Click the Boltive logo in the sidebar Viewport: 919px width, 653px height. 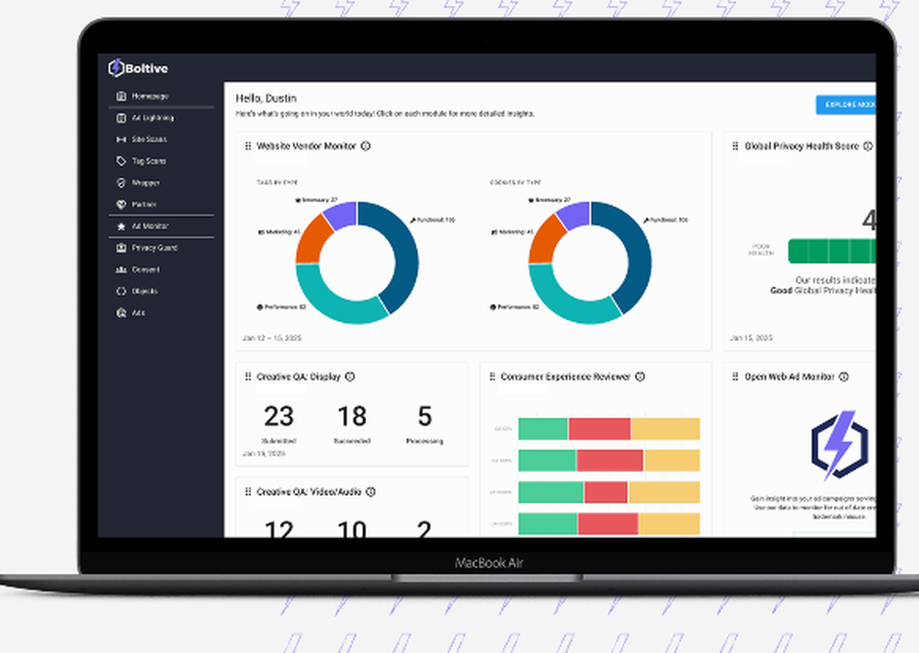coord(138,68)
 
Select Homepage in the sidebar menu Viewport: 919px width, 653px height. coord(149,96)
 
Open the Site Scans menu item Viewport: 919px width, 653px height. coord(149,140)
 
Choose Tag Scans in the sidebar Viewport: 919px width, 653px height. coord(149,161)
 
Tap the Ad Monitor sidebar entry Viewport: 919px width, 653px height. coord(150,226)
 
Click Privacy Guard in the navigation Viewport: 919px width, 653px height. coord(153,248)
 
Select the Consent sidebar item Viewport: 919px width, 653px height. coord(145,269)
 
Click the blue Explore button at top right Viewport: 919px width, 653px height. coord(846,105)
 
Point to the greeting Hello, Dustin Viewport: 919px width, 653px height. coord(266,98)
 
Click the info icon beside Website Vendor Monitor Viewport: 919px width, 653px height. coord(366,146)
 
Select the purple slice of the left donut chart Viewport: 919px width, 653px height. coord(341,215)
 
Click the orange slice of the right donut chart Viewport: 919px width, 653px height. coord(548,238)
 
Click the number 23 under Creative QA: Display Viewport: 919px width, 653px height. coord(278,417)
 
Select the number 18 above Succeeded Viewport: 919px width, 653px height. coord(352,417)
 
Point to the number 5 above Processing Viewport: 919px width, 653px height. coord(425,417)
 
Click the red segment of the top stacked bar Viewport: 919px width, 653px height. coord(599,430)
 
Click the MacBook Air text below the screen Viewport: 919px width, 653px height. coord(489,563)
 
